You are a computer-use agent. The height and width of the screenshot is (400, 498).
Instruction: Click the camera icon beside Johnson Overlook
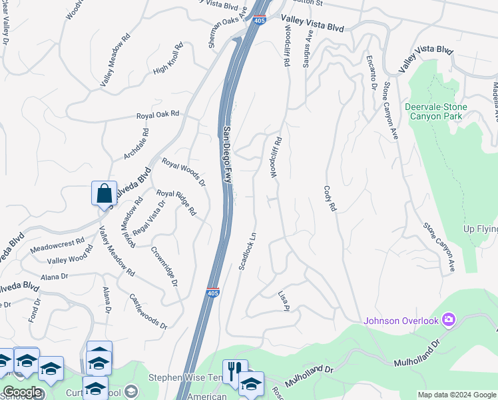(x=449, y=321)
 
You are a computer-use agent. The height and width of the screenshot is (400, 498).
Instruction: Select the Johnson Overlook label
(x=401, y=321)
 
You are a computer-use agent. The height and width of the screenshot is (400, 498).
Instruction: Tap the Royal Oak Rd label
(x=158, y=115)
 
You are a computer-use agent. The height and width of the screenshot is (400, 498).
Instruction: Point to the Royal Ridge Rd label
(x=176, y=203)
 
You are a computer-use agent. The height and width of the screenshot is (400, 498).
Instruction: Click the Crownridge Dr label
(x=164, y=267)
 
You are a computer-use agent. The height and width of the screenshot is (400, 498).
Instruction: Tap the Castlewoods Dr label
(x=147, y=311)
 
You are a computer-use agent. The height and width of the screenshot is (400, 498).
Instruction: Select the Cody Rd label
(x=330, y=199)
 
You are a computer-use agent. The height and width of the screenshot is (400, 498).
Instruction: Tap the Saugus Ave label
(x=308, y=47)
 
